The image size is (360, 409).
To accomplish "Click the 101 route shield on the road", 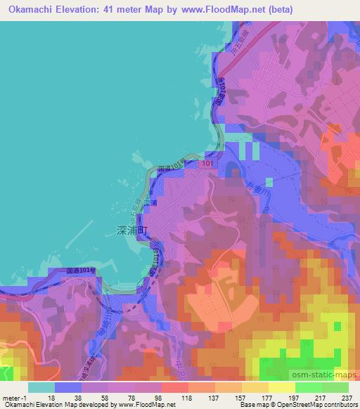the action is coord(205,164).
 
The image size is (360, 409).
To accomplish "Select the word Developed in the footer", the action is coord(83,405).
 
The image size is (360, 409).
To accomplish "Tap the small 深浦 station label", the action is coord(149,202).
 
